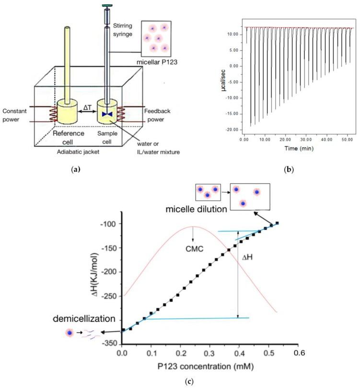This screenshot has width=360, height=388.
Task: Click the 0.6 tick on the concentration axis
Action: (x=299, y=353)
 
